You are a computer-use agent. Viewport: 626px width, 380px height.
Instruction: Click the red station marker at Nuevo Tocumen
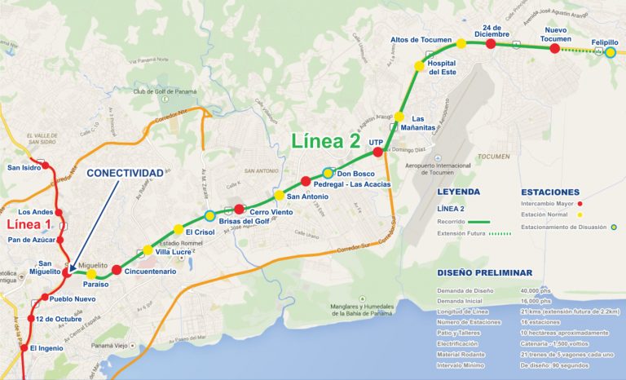(x=554, y=49)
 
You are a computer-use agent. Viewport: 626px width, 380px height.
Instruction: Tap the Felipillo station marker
(x=610, y=52)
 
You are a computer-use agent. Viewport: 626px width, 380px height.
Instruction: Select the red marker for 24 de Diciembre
(x=491, y=44)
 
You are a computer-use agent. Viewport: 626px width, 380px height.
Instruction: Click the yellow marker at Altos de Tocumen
(x=461, y=43)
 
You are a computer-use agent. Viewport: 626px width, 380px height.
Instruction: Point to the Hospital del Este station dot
(x=420, y=66)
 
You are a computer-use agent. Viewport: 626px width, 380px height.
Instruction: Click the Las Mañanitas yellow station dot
(x=399, y=117)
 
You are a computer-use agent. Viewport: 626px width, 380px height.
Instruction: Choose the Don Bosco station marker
(x=328, y=173)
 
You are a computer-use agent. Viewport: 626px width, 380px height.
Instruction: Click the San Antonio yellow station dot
(x=280, y=195)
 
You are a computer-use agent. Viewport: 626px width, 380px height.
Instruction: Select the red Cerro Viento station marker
(x=239, y=209)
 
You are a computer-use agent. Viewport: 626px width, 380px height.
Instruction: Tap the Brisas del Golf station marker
(x=210, y=216)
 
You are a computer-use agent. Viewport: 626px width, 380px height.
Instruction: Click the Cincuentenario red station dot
(x=117, y=270)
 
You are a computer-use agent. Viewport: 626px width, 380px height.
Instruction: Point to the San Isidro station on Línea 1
(x=46, y=166)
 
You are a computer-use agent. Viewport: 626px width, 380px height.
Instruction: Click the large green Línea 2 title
(x=325, y=140)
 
